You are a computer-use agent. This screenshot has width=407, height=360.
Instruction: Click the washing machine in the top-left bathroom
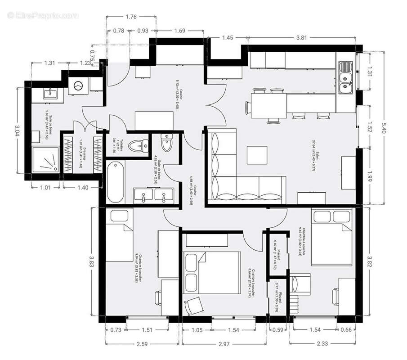79,85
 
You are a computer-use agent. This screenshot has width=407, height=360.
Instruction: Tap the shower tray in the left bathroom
45,159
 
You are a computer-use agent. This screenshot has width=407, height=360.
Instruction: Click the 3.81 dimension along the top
301,38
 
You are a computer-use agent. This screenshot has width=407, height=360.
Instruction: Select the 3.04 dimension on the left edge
18,130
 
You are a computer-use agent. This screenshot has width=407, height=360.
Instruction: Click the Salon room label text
316,153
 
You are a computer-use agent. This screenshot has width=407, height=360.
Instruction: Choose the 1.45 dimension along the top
228,38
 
